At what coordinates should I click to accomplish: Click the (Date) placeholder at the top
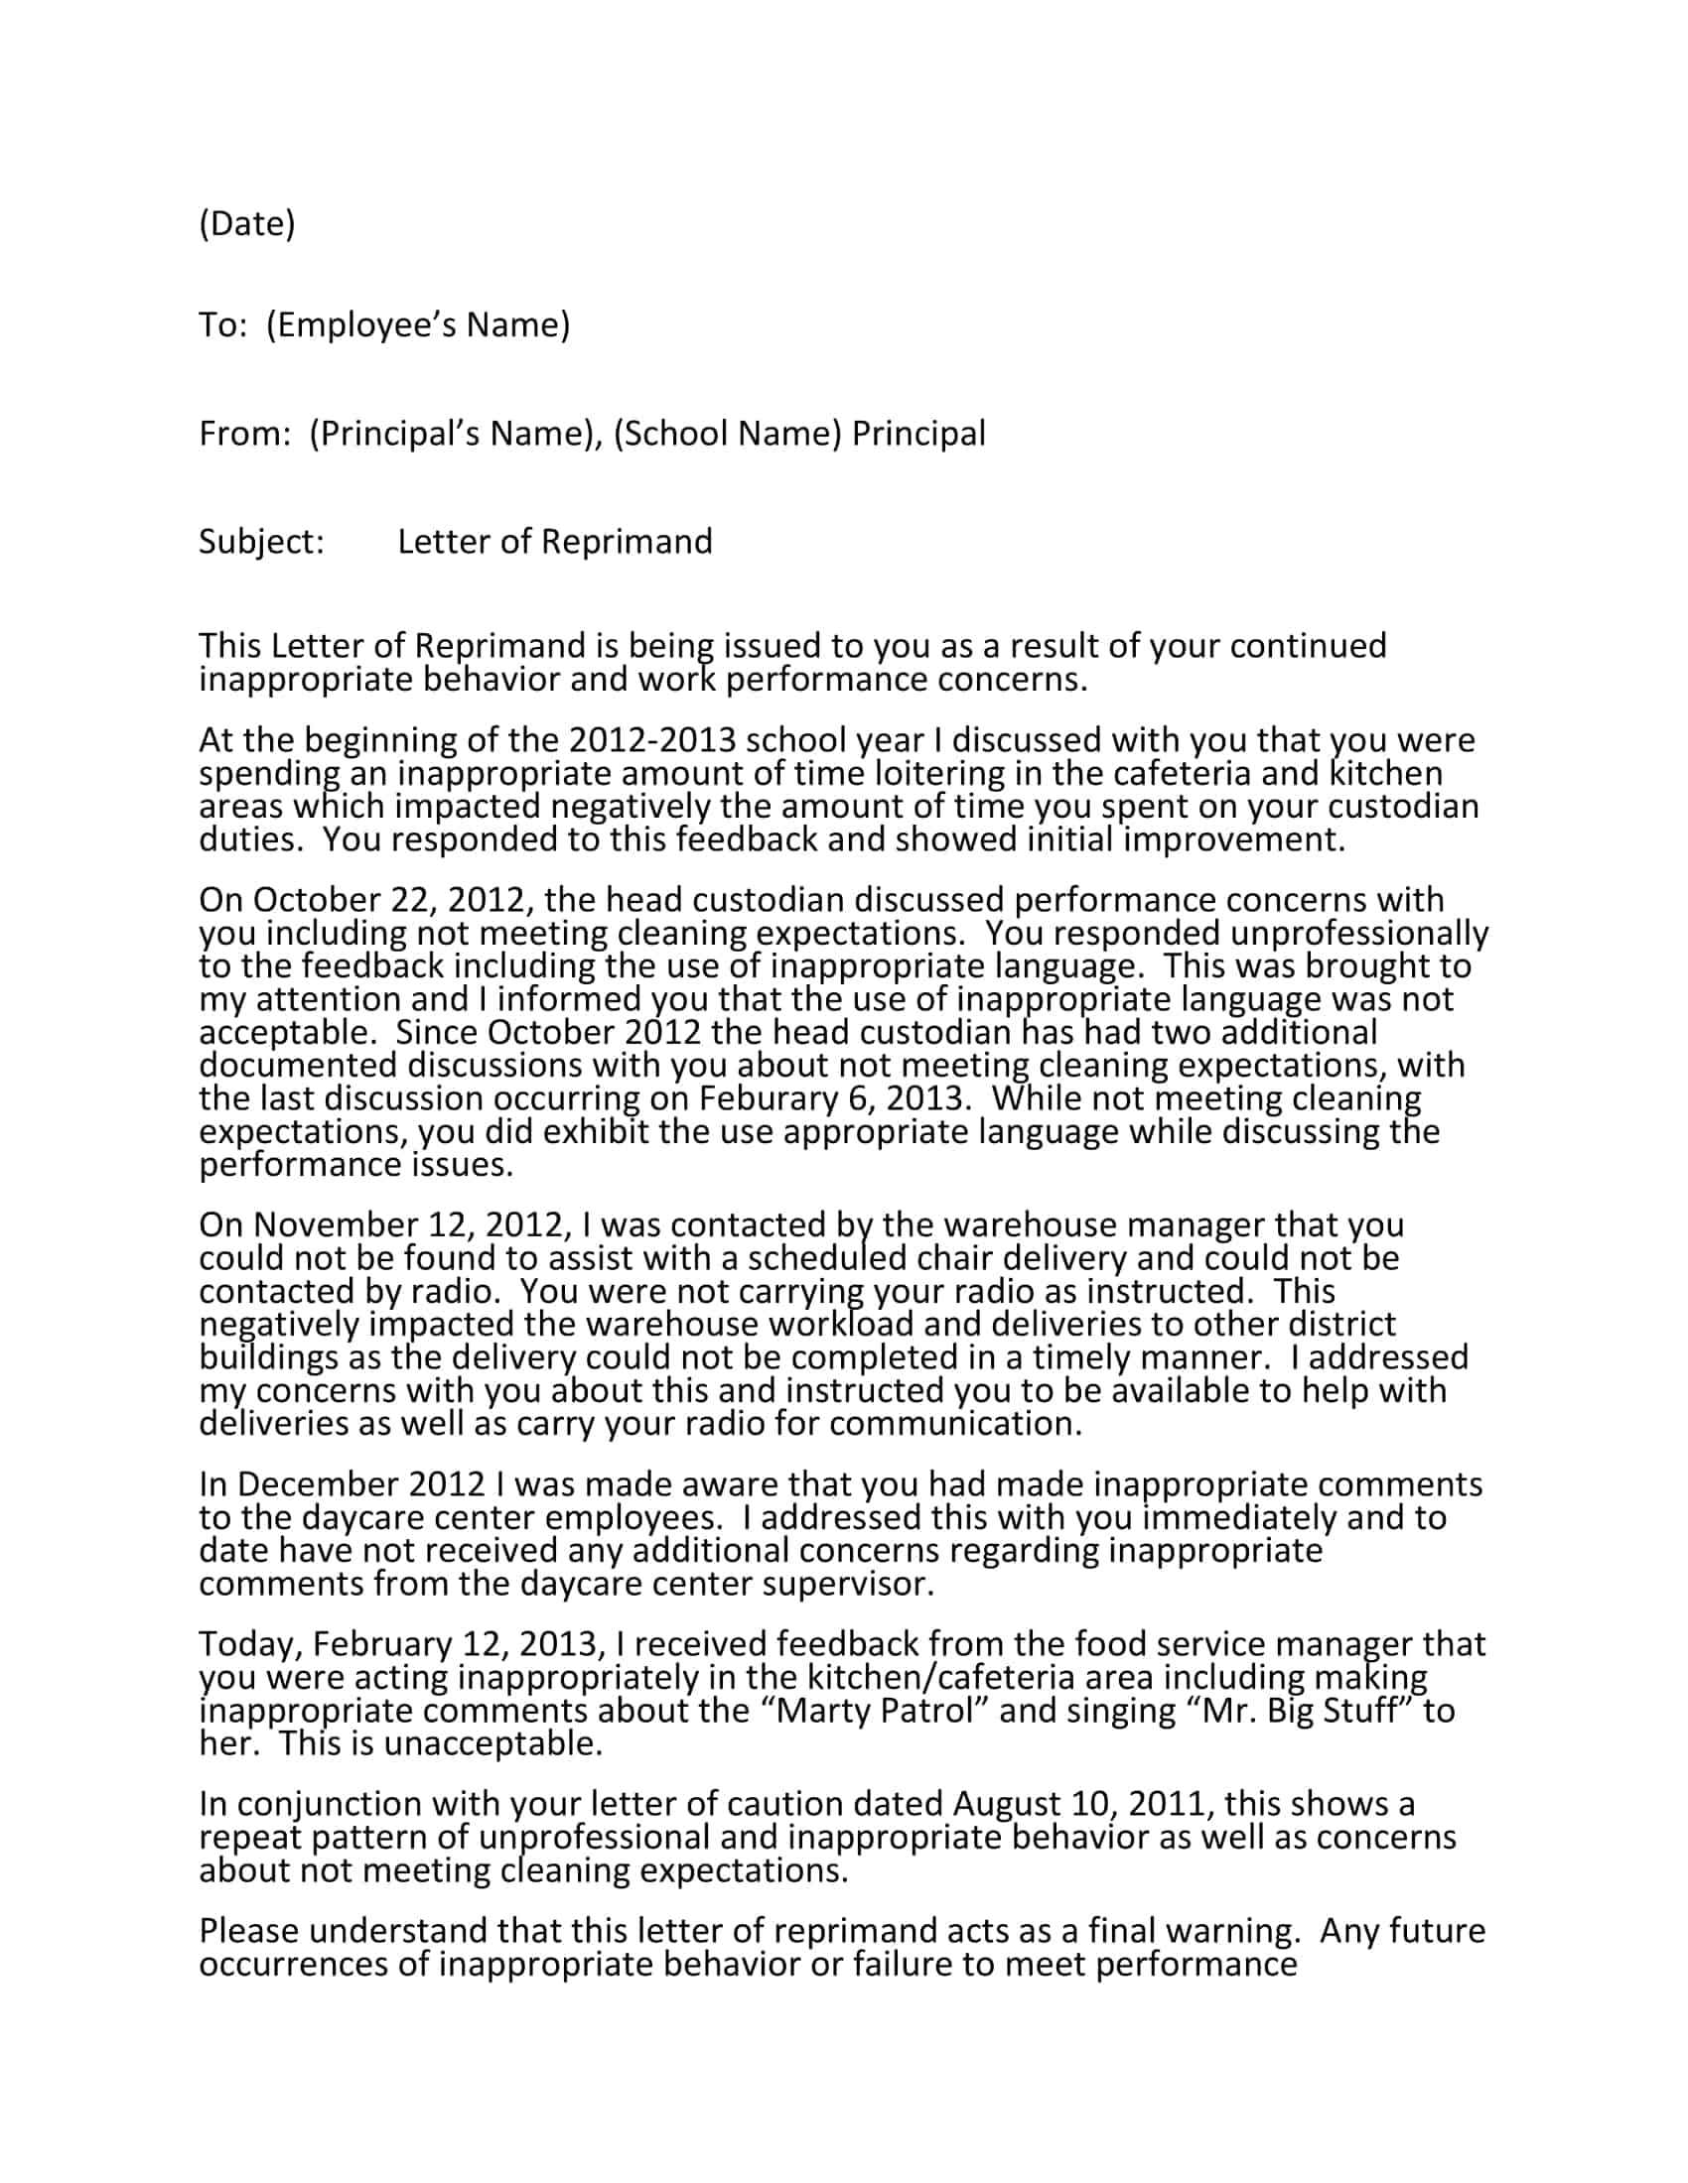[247, 223]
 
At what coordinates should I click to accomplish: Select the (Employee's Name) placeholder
[418, 324]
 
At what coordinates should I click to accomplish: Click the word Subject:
[261, 542]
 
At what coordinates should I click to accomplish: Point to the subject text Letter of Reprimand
[555, 542]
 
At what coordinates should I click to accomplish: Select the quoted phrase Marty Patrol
[875, 1711]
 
